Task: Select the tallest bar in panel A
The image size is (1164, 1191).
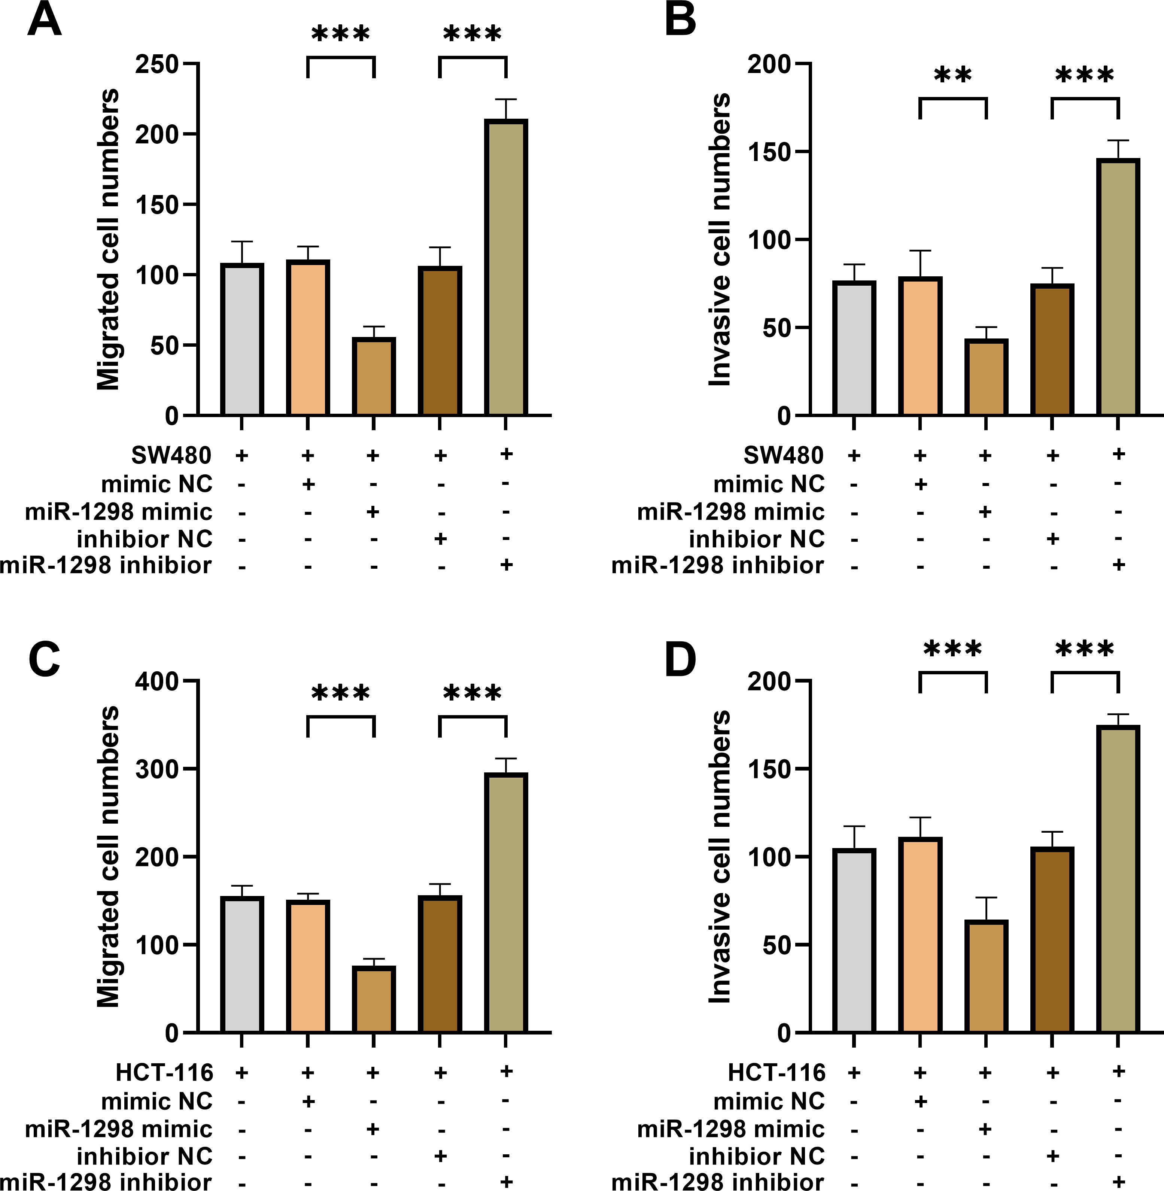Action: [x=505, y=267]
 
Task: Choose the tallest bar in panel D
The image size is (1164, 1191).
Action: [x=1118, y=879]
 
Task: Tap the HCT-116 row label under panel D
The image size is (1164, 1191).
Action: [x=776, y=1072]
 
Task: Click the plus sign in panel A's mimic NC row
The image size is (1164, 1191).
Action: [x=308, y=484]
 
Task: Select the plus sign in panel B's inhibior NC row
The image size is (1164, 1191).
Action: [x=1052, y=539]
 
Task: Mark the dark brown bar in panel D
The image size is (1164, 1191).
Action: [x=1052, y=940]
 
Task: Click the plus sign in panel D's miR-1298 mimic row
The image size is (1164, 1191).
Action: [x=985, y=1128]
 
